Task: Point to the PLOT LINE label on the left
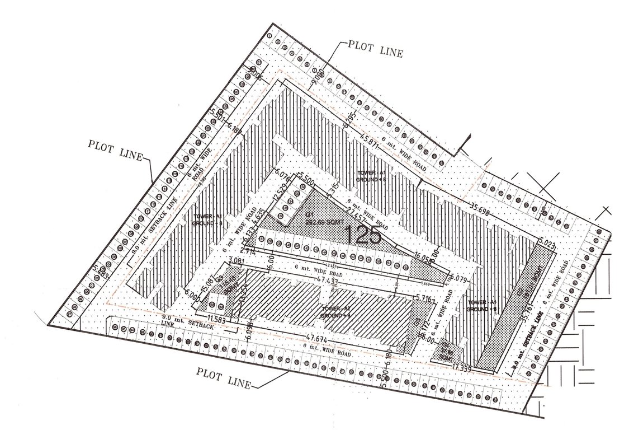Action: coord(116,148)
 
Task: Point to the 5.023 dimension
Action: coord(548,245)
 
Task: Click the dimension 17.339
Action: coord(462,368)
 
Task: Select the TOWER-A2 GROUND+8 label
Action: coord(335,312)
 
